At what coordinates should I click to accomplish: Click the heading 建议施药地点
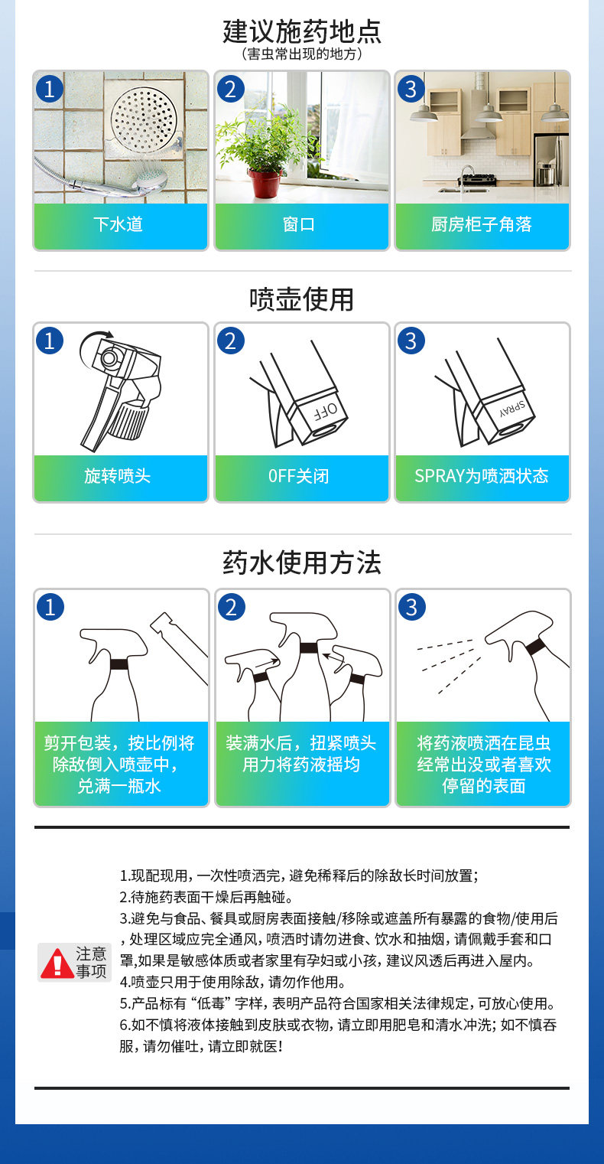click(x=302, y=31)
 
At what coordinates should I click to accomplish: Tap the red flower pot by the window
click(x=265, y=184)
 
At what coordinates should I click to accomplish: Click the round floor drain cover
click(x=144, y=116)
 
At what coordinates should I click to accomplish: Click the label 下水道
click(x=118, y=224)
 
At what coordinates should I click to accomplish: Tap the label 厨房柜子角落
click(x=482, y=224)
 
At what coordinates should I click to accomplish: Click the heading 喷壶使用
click(x=301, y=299)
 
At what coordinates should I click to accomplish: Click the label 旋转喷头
click(x=118, y=475)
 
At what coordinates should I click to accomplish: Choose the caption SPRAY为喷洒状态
click(x=482, y=475)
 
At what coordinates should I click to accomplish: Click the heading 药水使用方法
click(x=302, y=562)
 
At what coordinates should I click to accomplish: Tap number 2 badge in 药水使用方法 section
click(x=231, y=607)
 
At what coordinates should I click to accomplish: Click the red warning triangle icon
click(x=57, y=963)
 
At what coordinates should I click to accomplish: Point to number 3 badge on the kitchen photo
click(x=411, y=89)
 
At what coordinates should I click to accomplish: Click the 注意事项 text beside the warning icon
click(x=92, y=963)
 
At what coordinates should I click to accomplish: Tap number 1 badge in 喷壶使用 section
click(x=50, y=341)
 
